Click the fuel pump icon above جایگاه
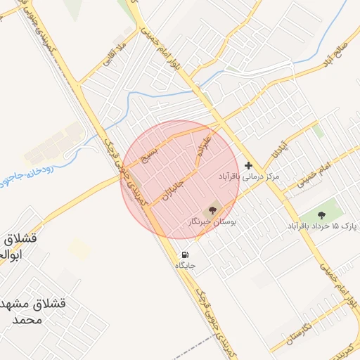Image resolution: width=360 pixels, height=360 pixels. [184, 255]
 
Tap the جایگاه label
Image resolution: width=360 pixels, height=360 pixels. [184, 266]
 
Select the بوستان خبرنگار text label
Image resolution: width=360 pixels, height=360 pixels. [213, 221]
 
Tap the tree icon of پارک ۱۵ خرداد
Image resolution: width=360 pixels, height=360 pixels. [322, 215]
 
